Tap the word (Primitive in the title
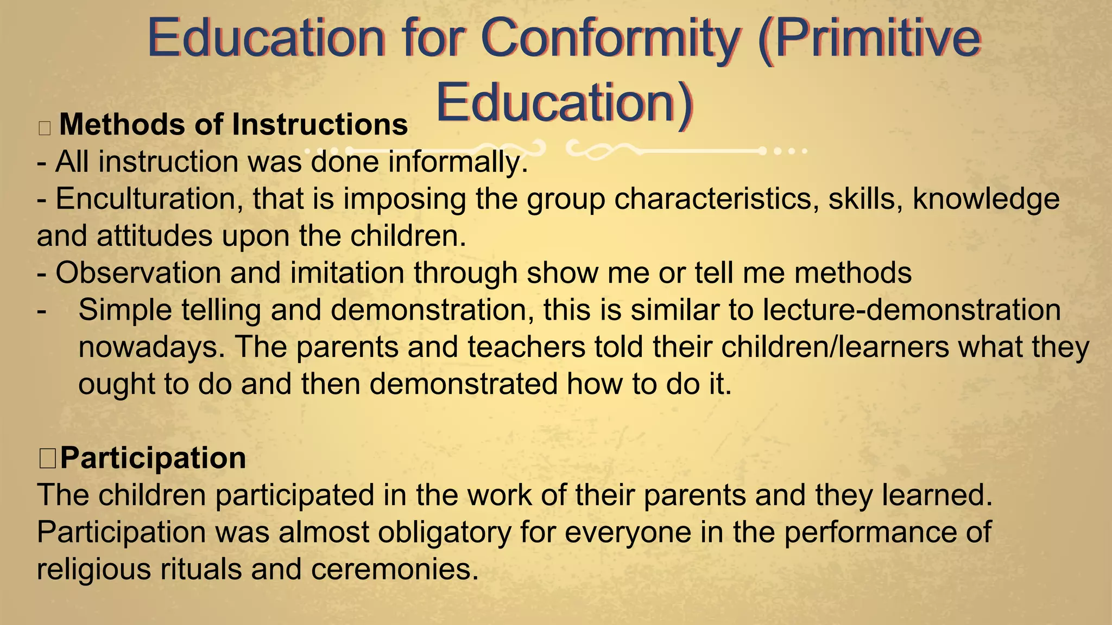click(869, 38)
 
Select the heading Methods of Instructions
click(233, 125)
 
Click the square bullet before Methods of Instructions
click(45, 128)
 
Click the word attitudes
click(155, 236)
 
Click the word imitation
click(347, 273)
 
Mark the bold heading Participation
click(153, 458)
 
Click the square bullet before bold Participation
click(48, 458)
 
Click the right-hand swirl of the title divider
click(597, 150)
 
